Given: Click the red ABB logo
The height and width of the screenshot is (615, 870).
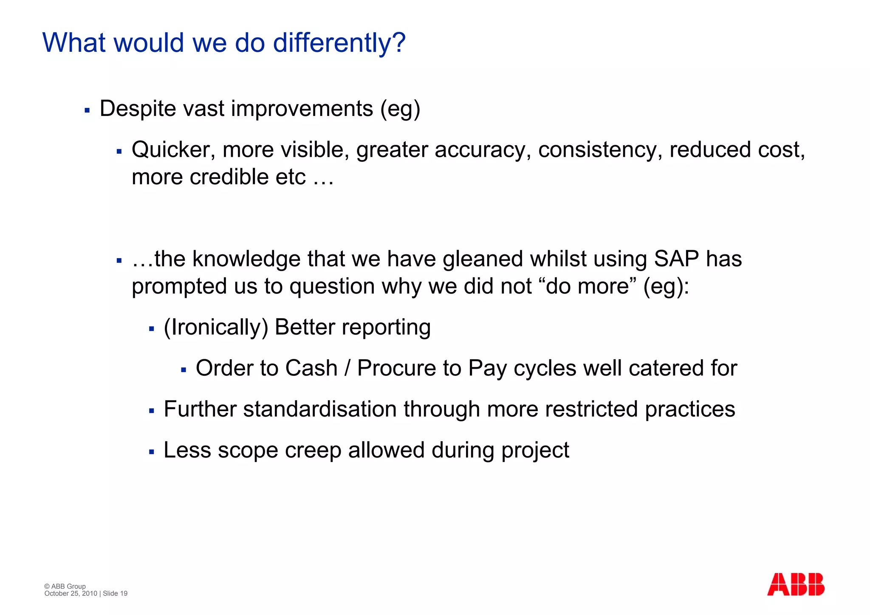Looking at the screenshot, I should pyautogui.click(x=795, y=584).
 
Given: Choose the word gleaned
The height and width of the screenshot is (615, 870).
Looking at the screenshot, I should pyautogui.click(x=483, y=259).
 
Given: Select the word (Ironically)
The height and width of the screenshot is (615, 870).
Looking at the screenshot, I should pyautogui.click(x=216, y=327).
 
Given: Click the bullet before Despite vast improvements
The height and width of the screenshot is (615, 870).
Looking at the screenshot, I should pyautogui.click(x=87, y=110).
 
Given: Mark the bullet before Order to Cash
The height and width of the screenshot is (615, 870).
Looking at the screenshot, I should pyautogui.click(x=184, y=370).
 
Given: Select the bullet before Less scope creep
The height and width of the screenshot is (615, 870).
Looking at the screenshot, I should pyautogui.click(x=151, y=452).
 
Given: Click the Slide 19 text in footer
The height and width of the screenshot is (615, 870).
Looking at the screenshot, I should pyautogui.click(x=115, y=593).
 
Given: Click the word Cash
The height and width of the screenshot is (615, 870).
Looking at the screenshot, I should pyautogui.click(x=311, y=368).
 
